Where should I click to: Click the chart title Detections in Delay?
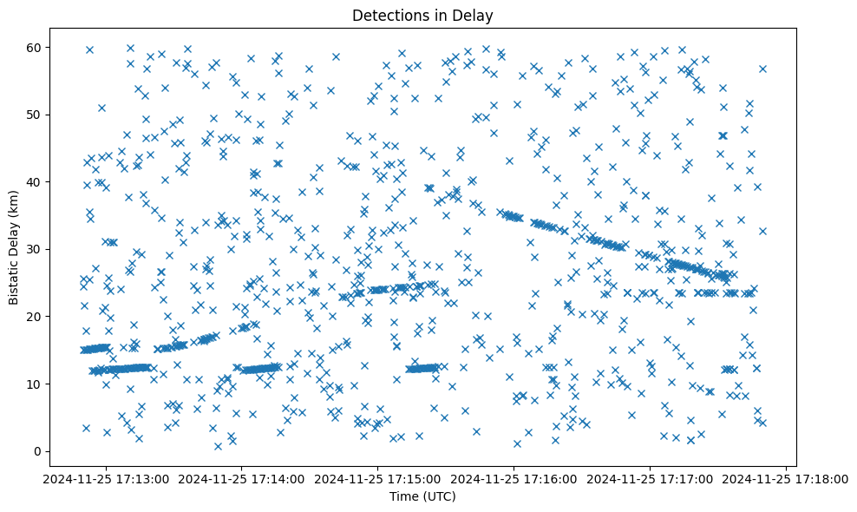point(422,15)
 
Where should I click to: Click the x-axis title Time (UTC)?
point(422,497)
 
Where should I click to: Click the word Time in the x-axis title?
point(404,497)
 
